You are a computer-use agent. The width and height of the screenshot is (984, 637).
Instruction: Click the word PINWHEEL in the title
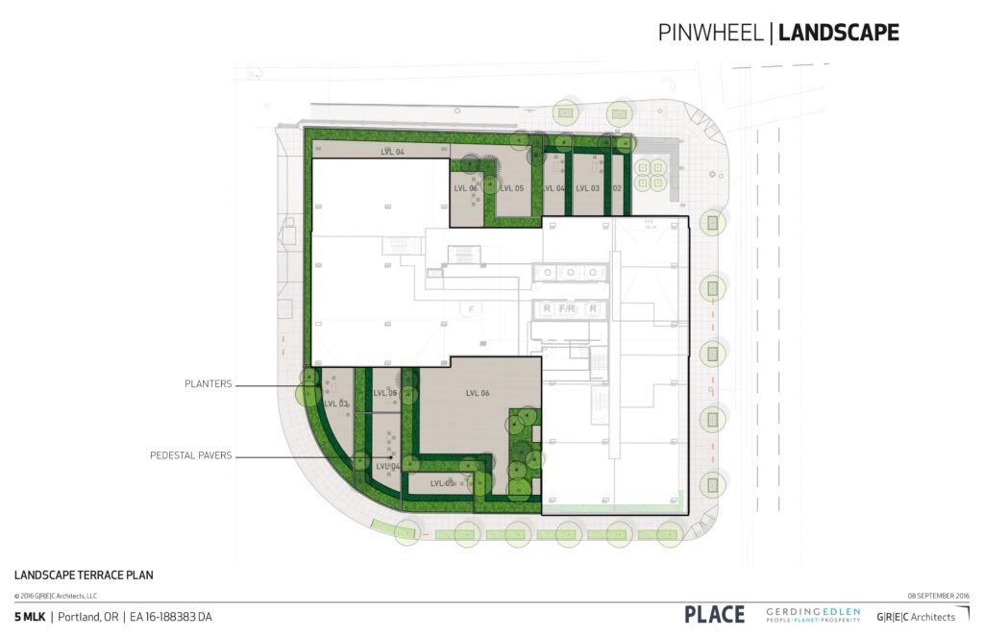[x=710, y=32]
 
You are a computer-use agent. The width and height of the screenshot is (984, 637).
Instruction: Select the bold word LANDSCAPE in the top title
[x=838, y=32]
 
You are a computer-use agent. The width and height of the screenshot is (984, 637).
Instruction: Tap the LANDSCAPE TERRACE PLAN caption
[x=84, y=576]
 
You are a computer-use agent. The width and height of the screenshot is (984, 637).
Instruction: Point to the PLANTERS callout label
[x=209, y=384]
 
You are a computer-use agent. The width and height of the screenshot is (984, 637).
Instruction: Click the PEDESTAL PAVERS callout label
[x=190, y=455]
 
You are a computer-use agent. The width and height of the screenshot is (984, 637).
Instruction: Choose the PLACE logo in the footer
[x=714, y=615]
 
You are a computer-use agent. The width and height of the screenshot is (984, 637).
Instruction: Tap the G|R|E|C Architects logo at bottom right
[x=916, y=616]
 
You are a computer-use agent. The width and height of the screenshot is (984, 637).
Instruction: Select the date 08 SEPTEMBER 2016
[x=938, y=596]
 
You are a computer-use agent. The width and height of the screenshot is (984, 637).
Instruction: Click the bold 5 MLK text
[x=29, y=616]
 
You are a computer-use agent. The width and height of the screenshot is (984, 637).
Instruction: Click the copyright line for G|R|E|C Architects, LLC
[x=56, y=596]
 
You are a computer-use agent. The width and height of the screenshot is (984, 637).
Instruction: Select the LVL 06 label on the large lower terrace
[x=478, y=393]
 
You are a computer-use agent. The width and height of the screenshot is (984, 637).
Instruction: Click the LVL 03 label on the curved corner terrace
[x=336, y=404]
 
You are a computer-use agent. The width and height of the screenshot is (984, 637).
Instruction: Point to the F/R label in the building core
[x=570, y=309]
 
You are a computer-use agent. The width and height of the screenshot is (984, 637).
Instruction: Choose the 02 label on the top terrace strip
[x=617, y=188]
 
